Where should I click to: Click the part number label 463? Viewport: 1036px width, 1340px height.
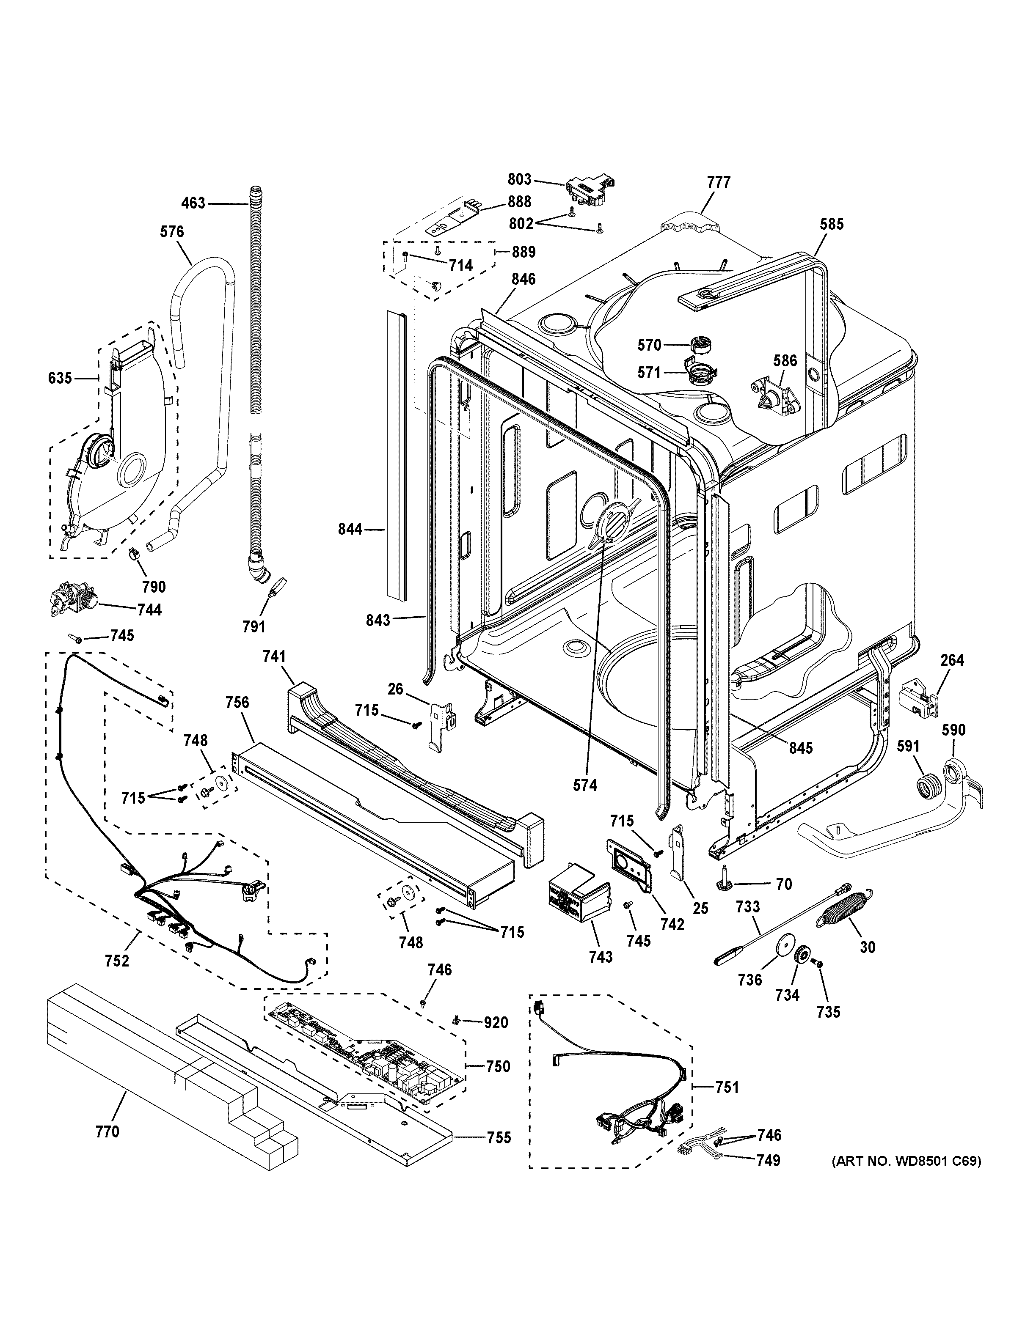tap(193, 203)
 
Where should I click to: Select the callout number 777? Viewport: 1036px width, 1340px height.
tap(719, 182)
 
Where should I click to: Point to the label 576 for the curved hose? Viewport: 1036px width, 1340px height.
tap(172, 232)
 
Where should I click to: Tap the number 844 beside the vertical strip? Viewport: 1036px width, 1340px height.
tap(350, 528)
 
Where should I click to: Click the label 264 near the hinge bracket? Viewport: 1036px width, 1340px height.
tap(952, 660)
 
